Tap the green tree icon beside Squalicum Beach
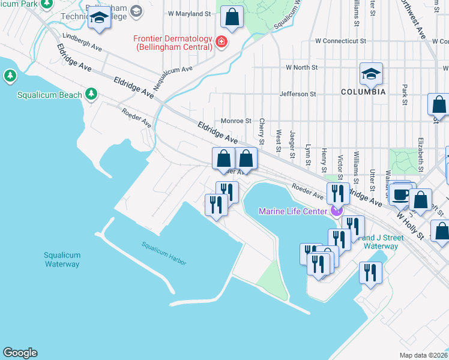91,94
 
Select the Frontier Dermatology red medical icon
221,41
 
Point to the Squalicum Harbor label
164,254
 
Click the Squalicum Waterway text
62,259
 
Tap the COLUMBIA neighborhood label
363,92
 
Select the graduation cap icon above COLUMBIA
371,74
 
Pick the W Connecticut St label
340,41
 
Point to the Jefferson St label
297,94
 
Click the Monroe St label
236,121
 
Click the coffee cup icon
400,194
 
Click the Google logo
20,353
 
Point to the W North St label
301,68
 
